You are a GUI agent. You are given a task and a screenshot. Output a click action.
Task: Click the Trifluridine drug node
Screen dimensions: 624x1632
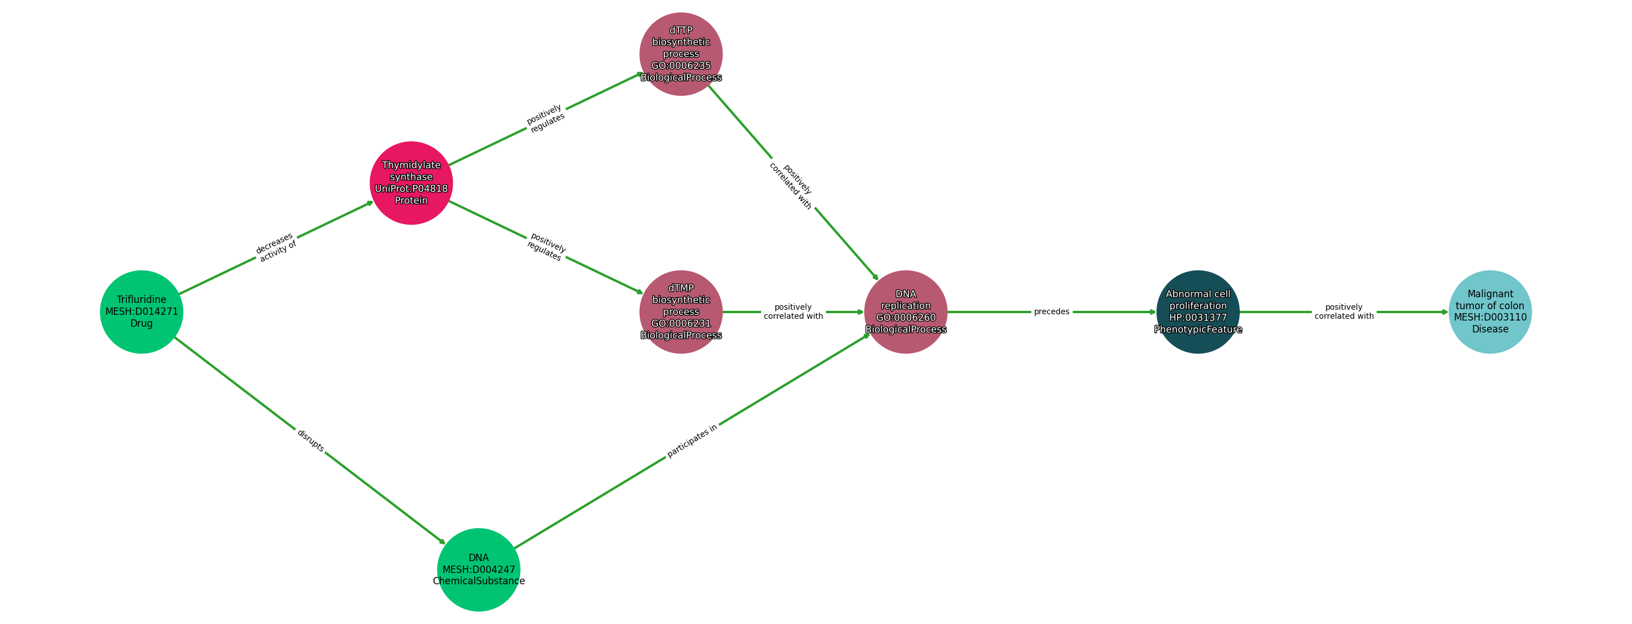click(x=141, y=311)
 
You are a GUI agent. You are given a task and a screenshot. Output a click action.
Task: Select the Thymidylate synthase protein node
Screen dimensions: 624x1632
click(x=411, y=183)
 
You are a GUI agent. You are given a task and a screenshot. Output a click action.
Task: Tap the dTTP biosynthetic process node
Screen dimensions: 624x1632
click(x=681, y=54)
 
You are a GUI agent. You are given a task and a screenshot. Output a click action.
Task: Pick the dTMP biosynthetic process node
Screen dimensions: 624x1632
click(x=681, y=311)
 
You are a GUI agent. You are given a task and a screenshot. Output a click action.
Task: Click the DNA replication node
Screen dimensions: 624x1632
click(x=906, y=311)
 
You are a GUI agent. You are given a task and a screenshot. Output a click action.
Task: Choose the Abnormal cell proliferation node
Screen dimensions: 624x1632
click(x=1197, y=311)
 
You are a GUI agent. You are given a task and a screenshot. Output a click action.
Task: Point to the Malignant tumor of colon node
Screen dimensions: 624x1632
click(x=1490, y=311)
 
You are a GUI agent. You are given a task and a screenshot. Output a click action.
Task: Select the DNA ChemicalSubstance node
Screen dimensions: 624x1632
click(x=478, y=570)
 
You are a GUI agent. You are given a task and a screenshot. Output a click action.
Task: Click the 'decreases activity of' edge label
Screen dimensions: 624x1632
click(x=275, y=247)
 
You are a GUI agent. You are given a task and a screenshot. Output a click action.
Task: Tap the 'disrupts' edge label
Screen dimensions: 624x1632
click(x=311, y=440)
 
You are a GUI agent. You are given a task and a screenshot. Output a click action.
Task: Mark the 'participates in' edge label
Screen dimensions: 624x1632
click(x=692, y=441)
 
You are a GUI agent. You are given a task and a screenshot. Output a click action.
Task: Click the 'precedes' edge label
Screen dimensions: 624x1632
click(x=1052, y=311)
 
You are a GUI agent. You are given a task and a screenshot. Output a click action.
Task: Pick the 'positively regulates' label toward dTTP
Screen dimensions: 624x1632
click(x=546, y=119)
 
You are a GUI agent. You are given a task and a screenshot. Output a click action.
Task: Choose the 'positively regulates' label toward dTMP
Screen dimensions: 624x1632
click(x=546, y=247)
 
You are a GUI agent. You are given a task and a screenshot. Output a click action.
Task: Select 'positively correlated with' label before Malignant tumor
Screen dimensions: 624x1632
click(x=1344, y=311)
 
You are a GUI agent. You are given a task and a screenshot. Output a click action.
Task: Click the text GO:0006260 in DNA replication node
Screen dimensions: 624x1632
click(x=906, y=317)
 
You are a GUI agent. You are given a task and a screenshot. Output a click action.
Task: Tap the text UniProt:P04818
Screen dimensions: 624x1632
click(x=411, y=188)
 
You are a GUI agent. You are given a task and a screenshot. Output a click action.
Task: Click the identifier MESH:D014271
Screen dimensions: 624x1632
click(x=141, y=311)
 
